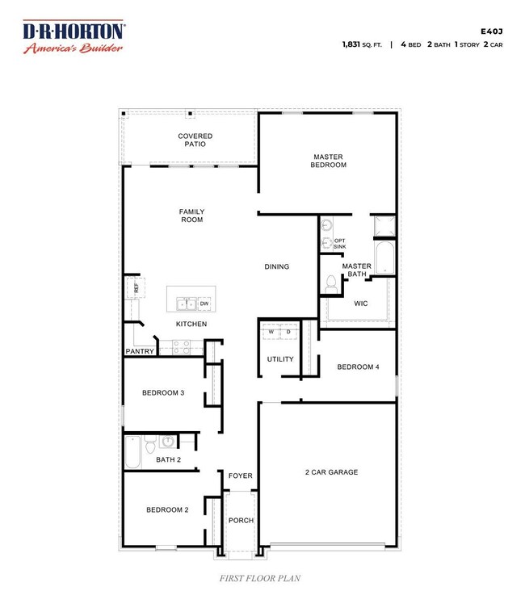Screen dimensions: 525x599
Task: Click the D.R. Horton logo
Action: click(73, 36)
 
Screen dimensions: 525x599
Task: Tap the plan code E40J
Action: click(492, 31)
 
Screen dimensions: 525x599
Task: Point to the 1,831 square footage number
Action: click(351, 44)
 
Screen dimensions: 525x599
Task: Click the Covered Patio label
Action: click(195, 140)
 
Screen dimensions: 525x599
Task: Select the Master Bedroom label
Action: click(328, 161)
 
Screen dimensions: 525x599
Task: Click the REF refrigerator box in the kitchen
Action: click(136, 287)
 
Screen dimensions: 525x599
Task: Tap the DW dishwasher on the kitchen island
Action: click(204, 304)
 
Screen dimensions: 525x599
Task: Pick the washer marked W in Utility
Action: click(271, 331)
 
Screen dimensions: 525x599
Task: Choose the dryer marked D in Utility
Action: click(288, 331)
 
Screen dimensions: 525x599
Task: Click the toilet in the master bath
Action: click(331, 284)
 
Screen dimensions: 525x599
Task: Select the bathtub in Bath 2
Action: click(133, 452)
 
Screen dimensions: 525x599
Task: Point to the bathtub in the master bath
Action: click(384, 258)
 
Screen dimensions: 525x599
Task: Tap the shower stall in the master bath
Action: click(384, 226)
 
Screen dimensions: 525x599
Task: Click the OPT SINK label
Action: click(340, 244)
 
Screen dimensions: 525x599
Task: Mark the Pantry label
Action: click(140, 351)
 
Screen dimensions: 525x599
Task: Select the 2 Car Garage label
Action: click(332, 472)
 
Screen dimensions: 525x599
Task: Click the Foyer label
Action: click(241, 475)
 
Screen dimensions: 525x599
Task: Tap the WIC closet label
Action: click(361, 304)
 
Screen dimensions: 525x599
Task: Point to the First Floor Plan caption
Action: click(260, 578)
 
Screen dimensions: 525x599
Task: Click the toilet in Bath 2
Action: click(150, 444)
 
